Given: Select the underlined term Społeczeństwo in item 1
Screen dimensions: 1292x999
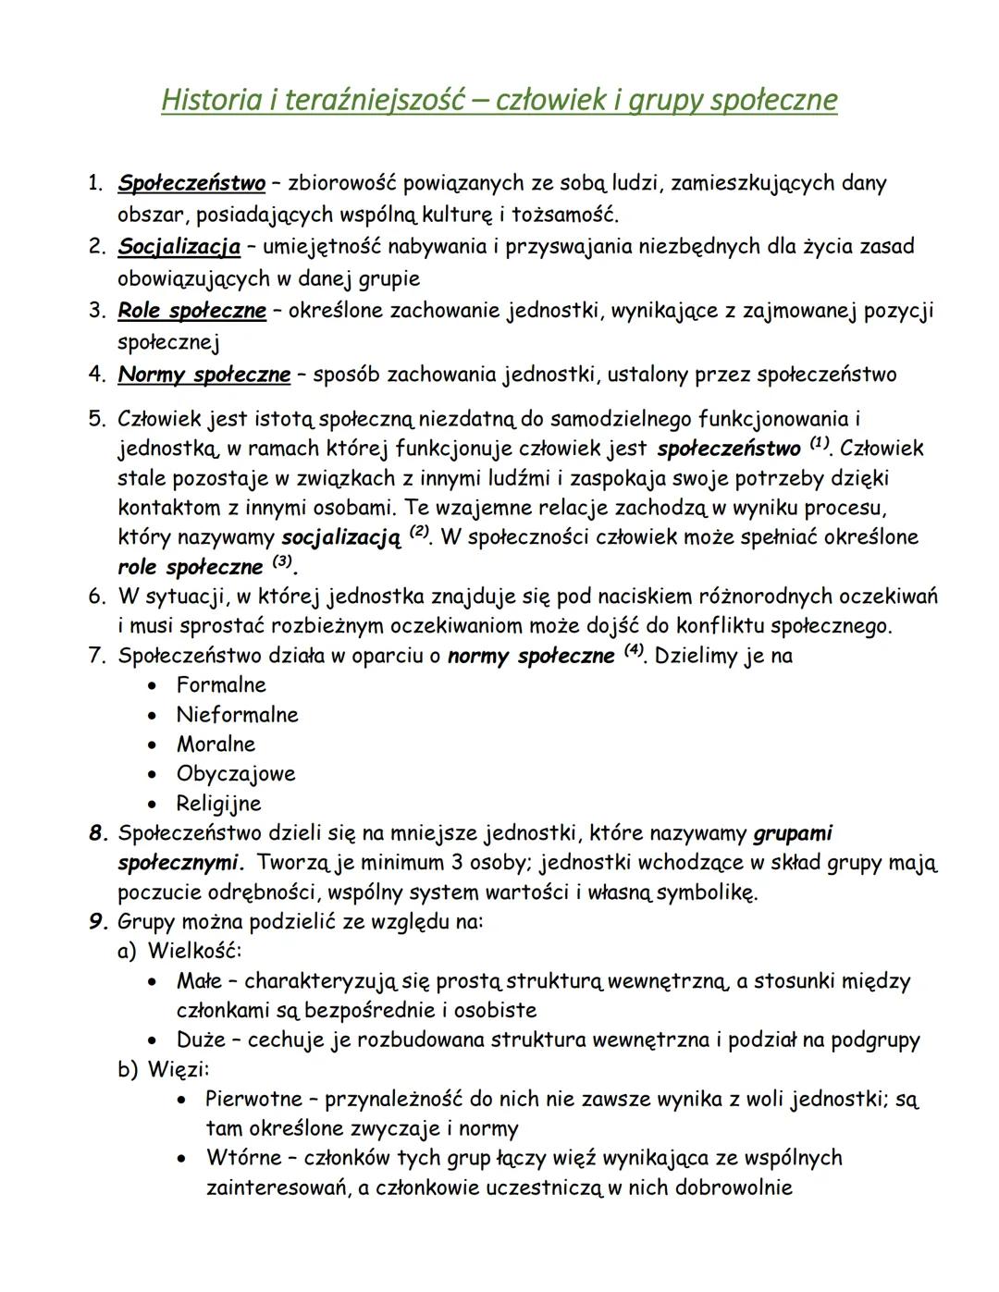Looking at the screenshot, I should pos(191,183).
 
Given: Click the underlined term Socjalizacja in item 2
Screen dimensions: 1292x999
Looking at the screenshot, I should pos(179,247).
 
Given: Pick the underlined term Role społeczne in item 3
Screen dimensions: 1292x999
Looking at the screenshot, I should pos(191,311).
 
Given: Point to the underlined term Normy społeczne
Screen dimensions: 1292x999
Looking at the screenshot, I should pos(203,375).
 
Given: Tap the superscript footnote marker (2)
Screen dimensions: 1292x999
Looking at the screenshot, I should pos(420,533).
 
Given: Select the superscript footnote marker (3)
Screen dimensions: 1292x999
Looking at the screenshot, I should pos(282,562).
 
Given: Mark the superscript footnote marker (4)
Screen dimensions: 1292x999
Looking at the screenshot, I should pos(634,651).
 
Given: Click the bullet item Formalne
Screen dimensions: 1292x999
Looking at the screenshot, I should pos(221,685).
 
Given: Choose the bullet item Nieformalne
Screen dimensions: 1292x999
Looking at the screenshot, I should pos(238,715).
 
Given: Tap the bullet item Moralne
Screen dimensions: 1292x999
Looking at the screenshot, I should pos(216,744).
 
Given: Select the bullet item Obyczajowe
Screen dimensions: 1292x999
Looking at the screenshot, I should pos(236,774).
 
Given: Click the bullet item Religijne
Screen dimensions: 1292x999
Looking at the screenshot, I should pos(219,804).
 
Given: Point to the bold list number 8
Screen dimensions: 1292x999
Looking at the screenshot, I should pos(97,833).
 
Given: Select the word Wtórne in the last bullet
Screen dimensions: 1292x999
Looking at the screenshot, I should pos(240,1158).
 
